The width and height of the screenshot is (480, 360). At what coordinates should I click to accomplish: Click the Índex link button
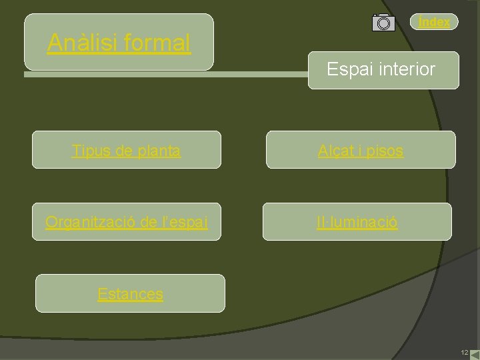434,22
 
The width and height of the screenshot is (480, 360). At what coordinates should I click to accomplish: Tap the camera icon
383,22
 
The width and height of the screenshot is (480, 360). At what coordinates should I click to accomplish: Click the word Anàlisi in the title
83,43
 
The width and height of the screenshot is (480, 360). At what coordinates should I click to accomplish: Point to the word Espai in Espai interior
347,69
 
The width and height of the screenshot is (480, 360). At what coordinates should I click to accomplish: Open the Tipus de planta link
126,151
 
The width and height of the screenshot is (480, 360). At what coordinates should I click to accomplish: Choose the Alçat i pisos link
361,151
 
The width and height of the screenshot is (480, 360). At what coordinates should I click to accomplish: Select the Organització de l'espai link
127,222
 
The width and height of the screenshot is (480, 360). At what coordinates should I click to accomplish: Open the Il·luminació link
357,222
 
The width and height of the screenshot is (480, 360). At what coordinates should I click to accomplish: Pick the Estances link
130,293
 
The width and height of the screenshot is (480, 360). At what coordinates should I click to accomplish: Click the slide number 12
464,352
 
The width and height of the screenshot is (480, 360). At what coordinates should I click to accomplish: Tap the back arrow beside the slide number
474,353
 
